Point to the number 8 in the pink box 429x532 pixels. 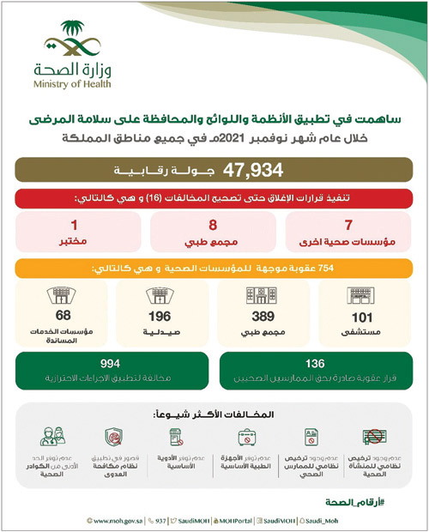[214, 227]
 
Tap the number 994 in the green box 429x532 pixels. [109, 363]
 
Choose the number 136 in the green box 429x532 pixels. [318, 363]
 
